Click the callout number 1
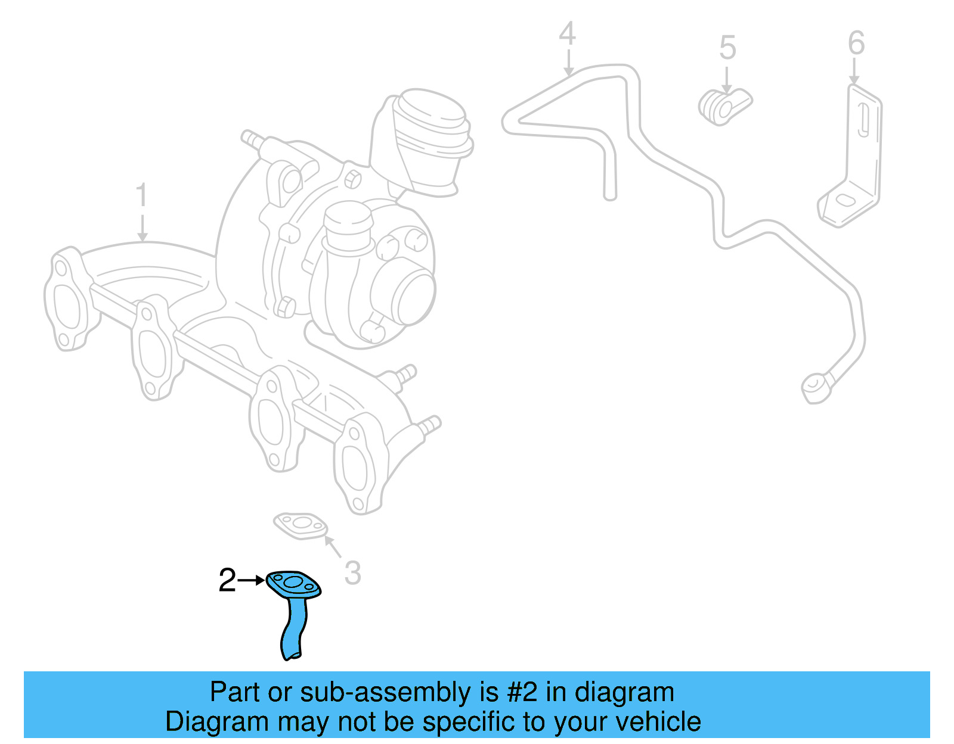pyautogui.click(x=141, y=194)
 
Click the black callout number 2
pyautogui.click(x=227, y=580)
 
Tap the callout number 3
pyautogui.click(x=352, y=572)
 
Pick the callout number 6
pyautogui.click(x=856, y=42)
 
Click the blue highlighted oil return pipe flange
pyautogui.click(x=293, y=584)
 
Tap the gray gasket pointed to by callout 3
pyautogui.click(x=301, y=525)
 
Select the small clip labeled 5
pyautogui.click(x=725, y=107)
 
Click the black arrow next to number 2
pyautogui.click(x=251, y=580)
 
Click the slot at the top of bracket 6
pyautogui.click(x=863, y=119)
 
